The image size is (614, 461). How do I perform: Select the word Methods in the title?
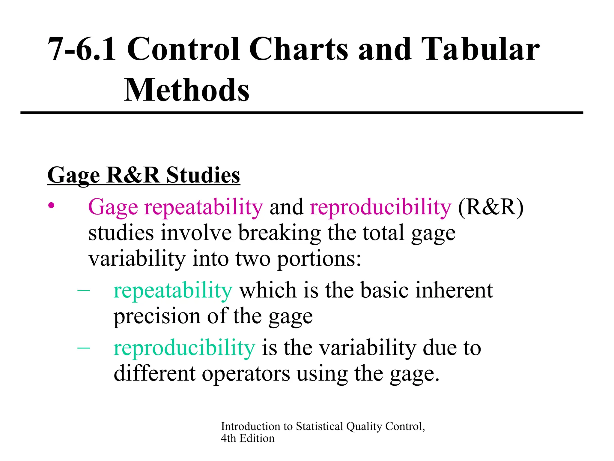coord(186,90)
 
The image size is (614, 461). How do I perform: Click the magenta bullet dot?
coord(52,206)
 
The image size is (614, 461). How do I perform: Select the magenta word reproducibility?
coord(380,207)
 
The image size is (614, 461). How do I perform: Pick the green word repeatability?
coord(173,291)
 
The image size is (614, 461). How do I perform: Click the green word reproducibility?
coord(184,348)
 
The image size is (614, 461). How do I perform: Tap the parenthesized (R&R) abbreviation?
coord(490,207)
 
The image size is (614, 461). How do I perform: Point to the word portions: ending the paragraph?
coord(319,259)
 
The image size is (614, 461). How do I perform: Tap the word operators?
coord(246,374)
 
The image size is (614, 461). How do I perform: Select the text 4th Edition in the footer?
coord(248,438)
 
